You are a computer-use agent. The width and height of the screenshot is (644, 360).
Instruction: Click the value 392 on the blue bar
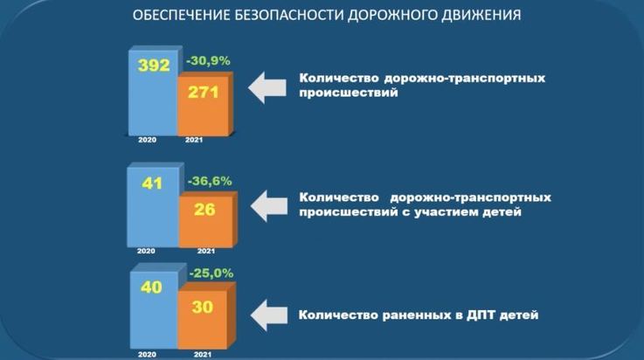point(154,66)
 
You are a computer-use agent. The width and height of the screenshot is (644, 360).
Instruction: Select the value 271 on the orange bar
point(204,93)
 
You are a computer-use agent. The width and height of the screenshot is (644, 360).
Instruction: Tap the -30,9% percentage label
point(208,61)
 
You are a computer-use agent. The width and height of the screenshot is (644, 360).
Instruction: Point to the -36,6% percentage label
point(210,181)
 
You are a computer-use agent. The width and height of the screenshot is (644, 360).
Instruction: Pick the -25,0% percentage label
point(211,273)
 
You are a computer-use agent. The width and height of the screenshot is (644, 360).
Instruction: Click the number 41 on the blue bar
point(152,183)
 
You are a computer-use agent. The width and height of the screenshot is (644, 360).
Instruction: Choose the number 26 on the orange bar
point(204,210)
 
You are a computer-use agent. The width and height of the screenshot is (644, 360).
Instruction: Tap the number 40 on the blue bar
point(151,287)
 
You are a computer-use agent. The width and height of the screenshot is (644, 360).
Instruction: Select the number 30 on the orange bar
point(203,307)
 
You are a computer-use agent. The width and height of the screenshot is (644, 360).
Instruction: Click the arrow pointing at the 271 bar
point(267,87)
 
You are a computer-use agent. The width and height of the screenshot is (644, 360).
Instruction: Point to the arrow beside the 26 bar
point(269,206)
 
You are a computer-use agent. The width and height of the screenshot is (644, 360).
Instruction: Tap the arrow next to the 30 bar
point(269,315)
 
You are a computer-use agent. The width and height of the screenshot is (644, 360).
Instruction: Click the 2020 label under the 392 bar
point(147,140)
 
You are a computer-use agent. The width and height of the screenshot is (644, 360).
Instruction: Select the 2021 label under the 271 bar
point(194,140)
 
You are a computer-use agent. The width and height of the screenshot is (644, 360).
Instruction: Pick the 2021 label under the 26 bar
point(206,251)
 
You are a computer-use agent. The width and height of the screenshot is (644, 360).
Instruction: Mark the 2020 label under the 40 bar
point(147,354)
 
